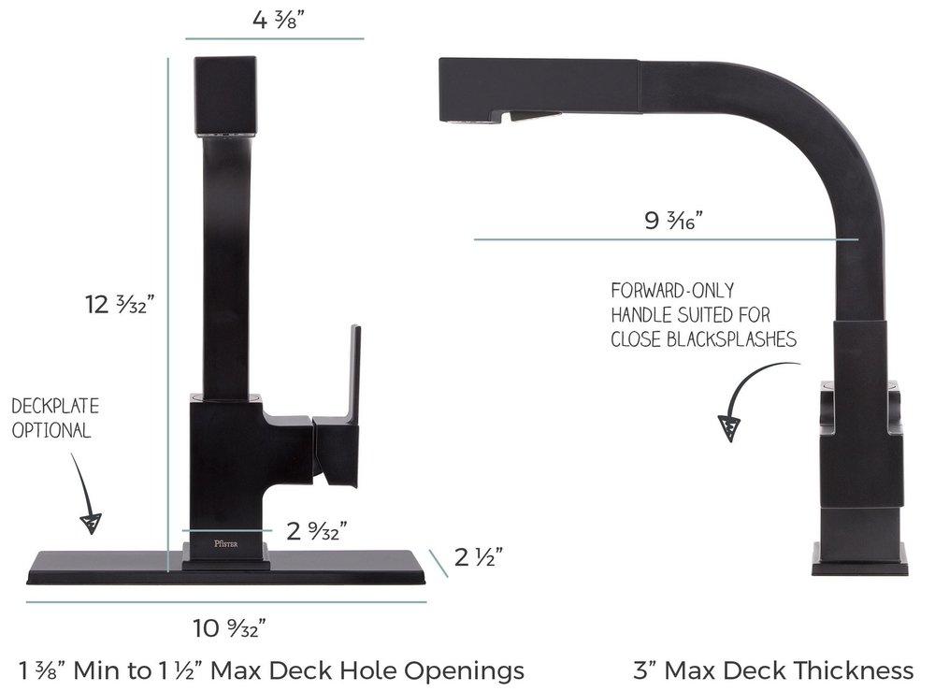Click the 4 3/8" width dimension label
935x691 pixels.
pos(274,18)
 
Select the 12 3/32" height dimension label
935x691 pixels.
pos(120,304)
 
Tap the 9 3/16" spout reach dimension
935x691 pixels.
pos(673,221)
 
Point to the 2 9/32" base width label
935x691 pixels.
pos(317,531)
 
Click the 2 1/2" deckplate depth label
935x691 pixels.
pos(479,557)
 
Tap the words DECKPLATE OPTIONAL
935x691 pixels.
pos(55,419)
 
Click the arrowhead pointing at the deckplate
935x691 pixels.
pos(91,522)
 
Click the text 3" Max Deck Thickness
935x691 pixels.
pos(772,669)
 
